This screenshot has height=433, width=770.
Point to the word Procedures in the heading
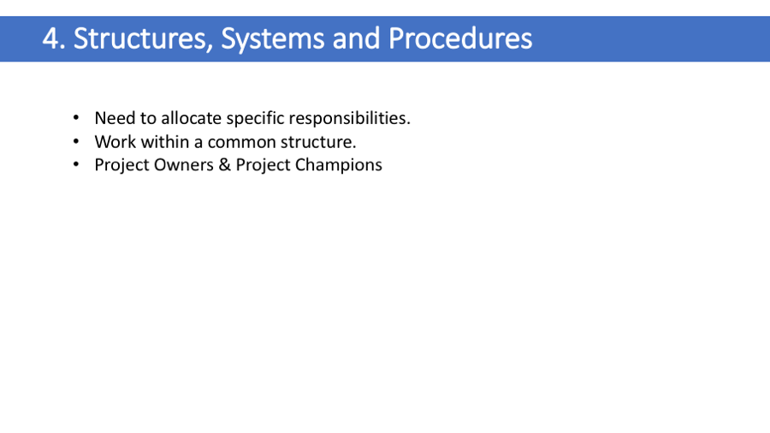coord(460,39)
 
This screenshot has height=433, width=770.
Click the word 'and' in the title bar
coord(356,39)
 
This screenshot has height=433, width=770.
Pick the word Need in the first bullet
coord(115,118)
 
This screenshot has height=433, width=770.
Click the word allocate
coord(191,118)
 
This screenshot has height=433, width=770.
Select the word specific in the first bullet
coord(255,119)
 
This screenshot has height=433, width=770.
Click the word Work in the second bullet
coord(115,142)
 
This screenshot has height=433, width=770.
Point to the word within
coord(164,142)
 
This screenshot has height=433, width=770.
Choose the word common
coord(242,143)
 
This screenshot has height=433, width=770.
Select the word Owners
coord(184,165)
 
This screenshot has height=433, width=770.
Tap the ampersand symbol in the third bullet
coord(224,165)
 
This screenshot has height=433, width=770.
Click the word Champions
coord(338,166)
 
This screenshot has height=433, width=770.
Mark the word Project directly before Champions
coord(263,166)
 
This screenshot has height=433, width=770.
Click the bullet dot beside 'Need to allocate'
coord(75,118)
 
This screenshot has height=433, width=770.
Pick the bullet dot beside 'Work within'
coord(75,142)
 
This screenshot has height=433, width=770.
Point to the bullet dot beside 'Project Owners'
coord(75,165)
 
